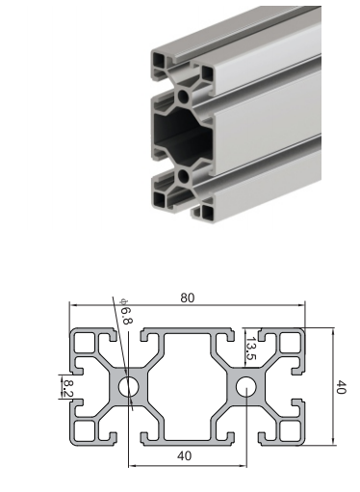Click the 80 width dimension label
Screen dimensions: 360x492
(188, 298)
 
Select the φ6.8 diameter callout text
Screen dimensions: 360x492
(125, 311)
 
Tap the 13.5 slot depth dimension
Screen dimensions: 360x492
(250, 349)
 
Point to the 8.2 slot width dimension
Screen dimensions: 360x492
(67, 387)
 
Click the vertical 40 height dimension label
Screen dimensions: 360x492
(341, 386)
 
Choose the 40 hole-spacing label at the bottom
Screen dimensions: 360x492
(184, 455)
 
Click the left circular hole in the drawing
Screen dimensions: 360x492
(129, 386)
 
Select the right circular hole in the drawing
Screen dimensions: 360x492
(246, 386)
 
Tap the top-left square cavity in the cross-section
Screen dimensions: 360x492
(85, 343)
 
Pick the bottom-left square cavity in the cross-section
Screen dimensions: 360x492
(85, 430)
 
